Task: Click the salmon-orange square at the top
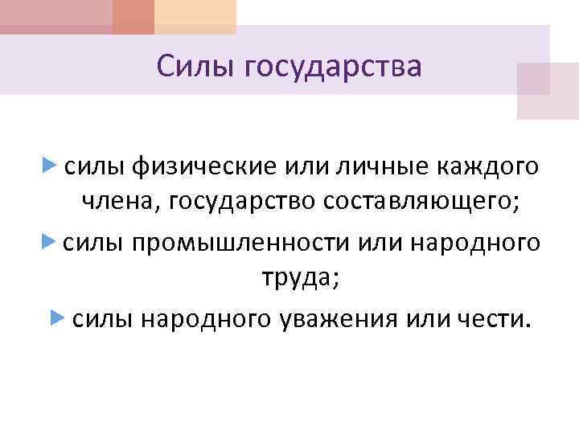(133, 16)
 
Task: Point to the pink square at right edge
(547, 90)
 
